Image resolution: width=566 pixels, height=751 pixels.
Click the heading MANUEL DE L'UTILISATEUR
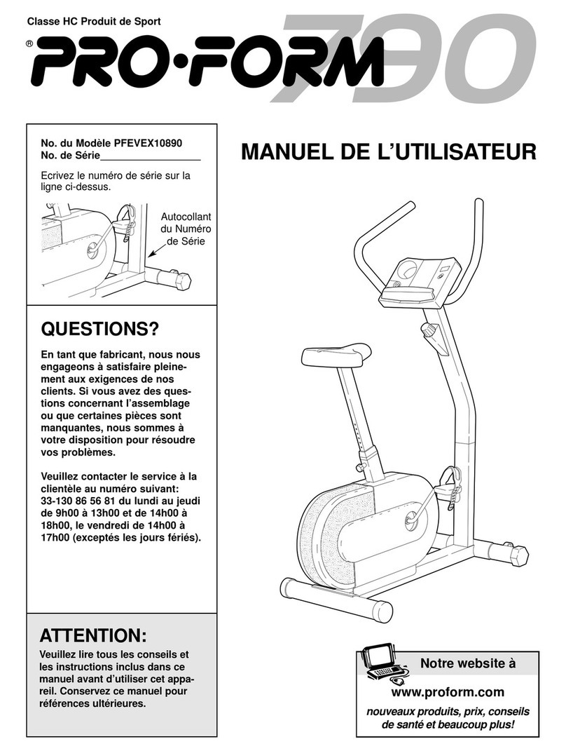(x=388, y=153)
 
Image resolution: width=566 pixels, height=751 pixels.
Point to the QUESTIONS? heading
(x=100, y=329)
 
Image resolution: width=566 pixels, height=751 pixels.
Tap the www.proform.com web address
(x=448, y=692)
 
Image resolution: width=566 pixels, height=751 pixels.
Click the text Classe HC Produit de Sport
(x=94, y=22)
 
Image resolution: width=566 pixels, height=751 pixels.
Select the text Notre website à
(x=467, y=663)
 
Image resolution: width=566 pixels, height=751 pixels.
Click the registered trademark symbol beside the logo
(x=29, y=43)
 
